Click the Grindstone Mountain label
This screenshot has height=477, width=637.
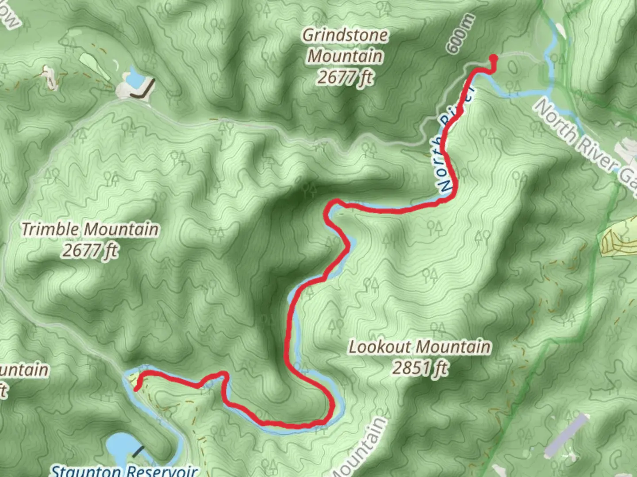pos(345,45)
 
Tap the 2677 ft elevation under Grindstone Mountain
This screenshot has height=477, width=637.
pos(345,77)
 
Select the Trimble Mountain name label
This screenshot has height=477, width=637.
pos(90,229)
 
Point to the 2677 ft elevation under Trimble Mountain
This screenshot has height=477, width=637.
pos(90,250)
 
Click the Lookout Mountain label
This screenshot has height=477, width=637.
pos(419,347)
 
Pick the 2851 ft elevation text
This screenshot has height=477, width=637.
pos(419,367)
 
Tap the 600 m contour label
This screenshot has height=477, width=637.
pos(460,34)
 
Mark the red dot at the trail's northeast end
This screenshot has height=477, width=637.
pos(494,58)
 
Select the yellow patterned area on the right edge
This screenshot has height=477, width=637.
pos(617,238)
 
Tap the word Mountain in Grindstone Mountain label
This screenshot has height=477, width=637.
pos(345,56)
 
